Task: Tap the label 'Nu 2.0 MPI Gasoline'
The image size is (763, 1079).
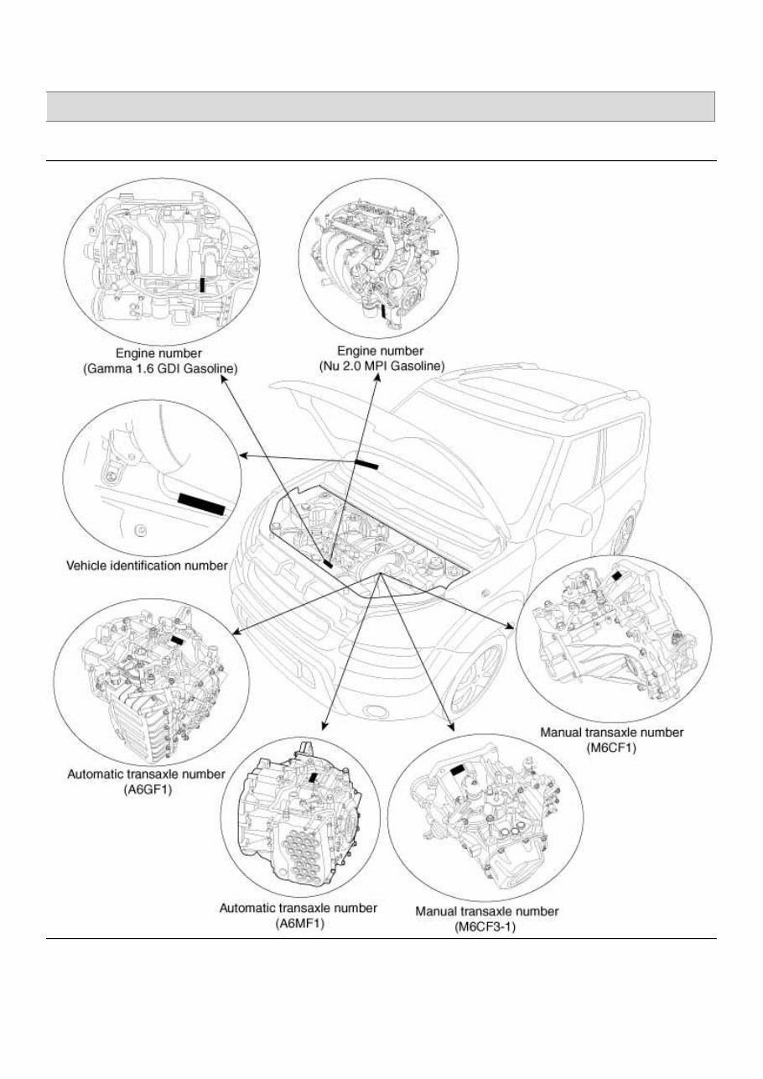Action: point(381,365)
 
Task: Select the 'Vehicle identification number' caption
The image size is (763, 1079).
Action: point(147,566)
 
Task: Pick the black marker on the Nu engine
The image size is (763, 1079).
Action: point(385,311)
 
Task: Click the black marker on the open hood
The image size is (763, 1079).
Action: point(366,464)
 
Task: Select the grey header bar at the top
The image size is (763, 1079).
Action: point(381,107)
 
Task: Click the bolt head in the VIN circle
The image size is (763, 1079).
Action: point(140,531)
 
